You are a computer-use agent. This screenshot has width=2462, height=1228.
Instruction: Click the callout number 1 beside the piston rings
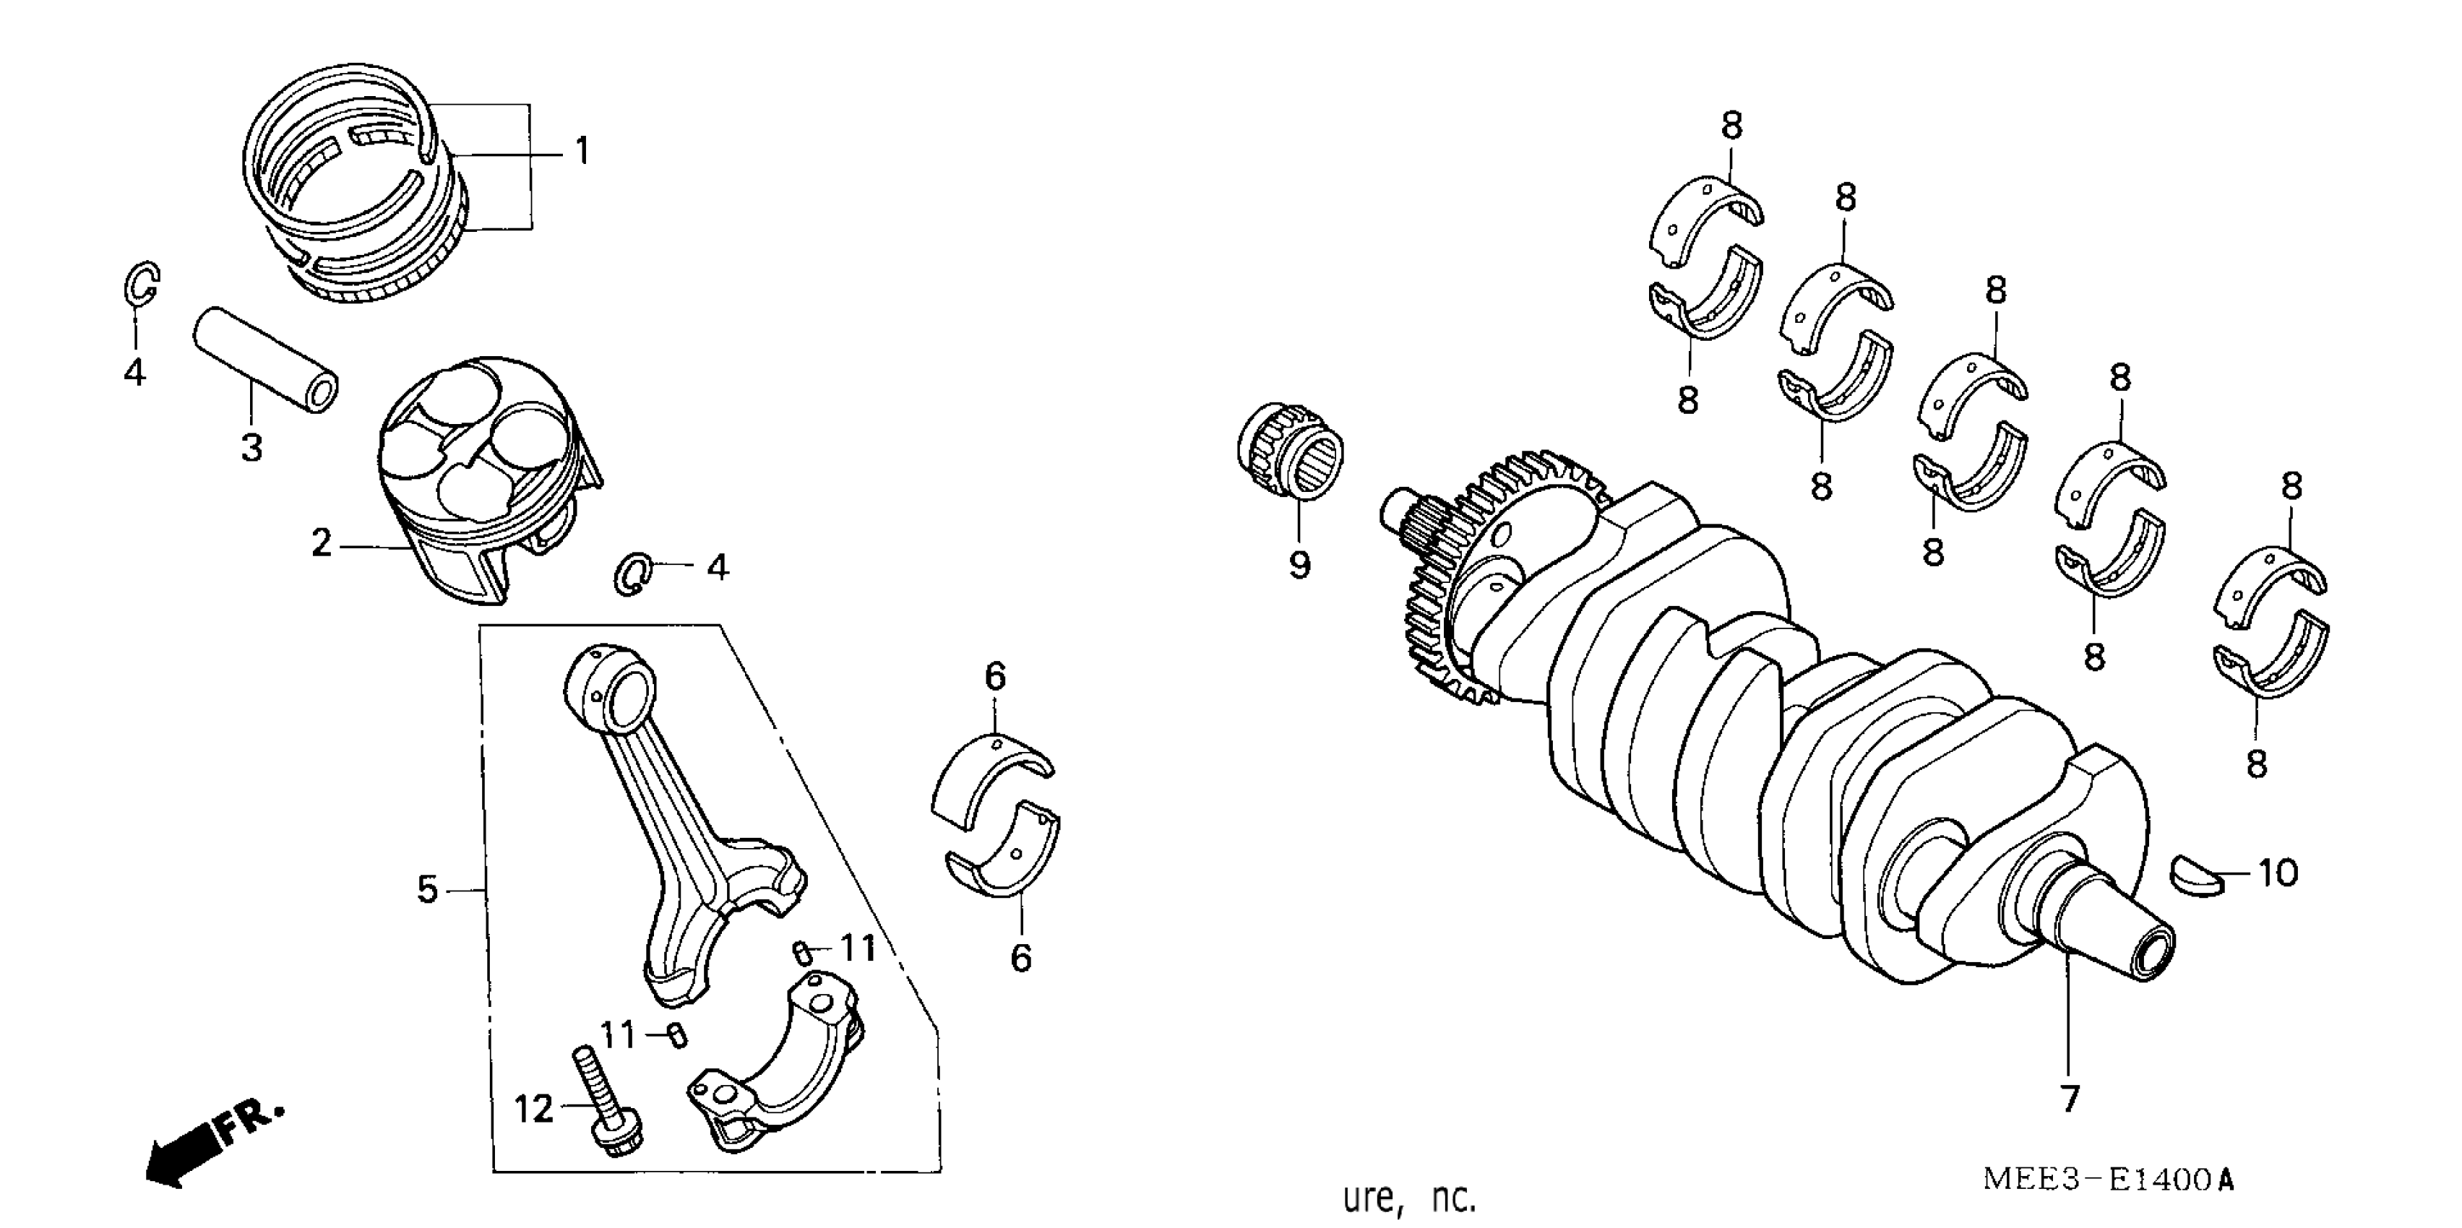(x=582, y=151)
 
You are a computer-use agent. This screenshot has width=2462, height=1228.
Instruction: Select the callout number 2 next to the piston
(x=321, y=544)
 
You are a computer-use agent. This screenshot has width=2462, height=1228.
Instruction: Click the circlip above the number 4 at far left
(x=142, y=283)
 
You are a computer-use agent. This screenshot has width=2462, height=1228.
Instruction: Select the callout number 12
(x=533, y=1110)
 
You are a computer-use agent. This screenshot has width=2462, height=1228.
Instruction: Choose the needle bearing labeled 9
(x=1291, y=453)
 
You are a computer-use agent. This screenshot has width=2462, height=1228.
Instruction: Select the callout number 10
(x=2278, y=873)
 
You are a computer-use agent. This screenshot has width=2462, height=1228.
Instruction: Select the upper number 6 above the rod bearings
(x=995, y=677)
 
